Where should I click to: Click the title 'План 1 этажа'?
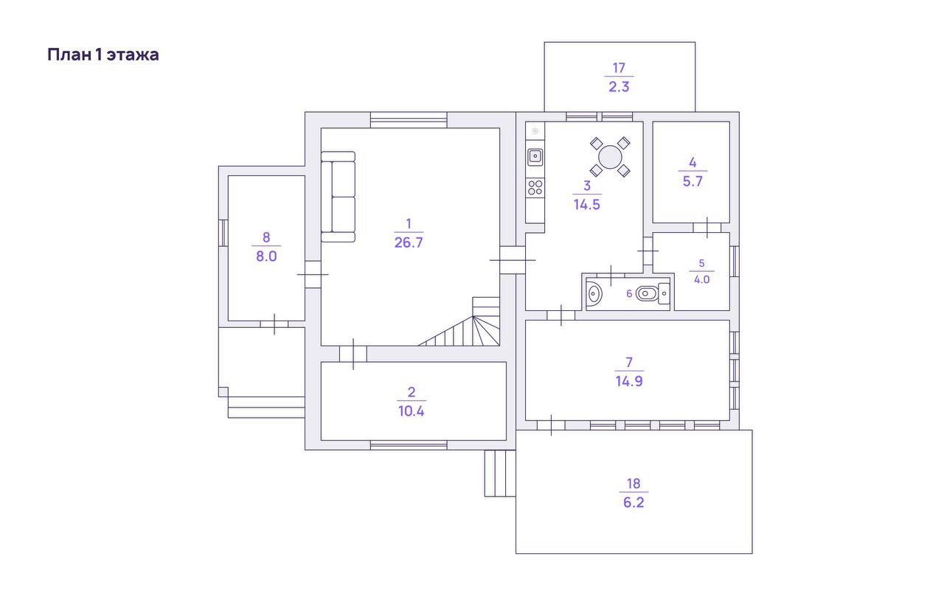[103, 55]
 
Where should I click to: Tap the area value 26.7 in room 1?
[409, 242]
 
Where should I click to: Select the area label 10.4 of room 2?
[412, 411]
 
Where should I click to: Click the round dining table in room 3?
[610, 156]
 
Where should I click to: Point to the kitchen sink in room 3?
[535, 156]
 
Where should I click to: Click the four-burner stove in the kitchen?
[535, 188]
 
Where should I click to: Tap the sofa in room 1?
[339, 197]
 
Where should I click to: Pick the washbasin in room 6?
[594, 294]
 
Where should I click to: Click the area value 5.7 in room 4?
[693, 181]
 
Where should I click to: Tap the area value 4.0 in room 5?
[701, 280]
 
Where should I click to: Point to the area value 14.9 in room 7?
[628, 382]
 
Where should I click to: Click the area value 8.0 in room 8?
[266, 256]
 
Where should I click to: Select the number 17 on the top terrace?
[619, 69]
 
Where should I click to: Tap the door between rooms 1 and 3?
[513, 259]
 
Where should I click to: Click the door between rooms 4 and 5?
[707, 227]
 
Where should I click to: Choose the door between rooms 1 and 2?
[353, 354]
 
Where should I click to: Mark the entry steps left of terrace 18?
[499, 473]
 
